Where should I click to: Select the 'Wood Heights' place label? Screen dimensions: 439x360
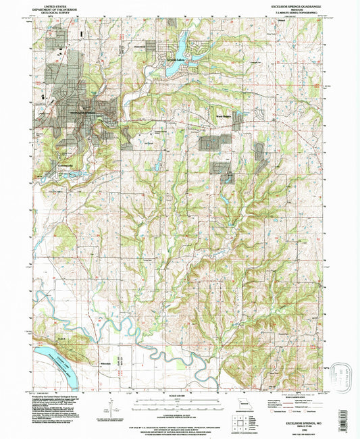(x=223, y=115)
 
